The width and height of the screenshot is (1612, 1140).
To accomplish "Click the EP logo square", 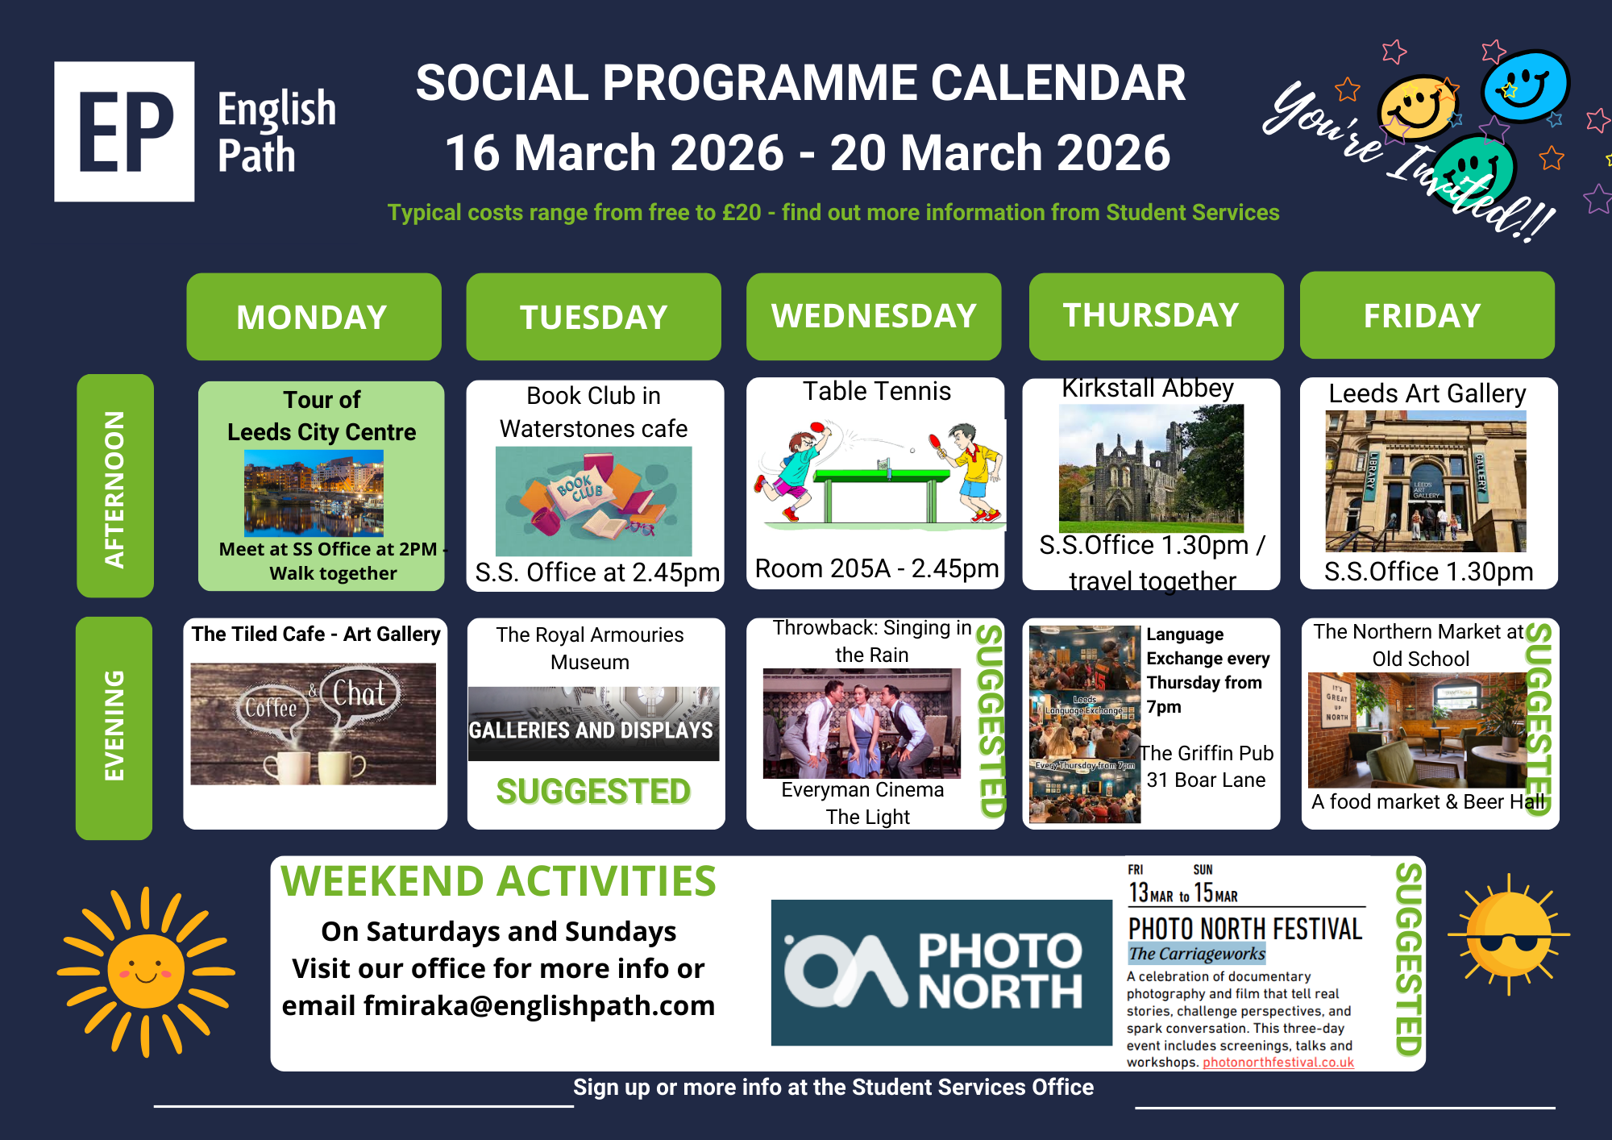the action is click(124, 131).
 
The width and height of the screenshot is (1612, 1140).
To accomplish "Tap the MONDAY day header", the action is click(314, 317).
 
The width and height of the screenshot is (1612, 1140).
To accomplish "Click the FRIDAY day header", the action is click(1427, 315).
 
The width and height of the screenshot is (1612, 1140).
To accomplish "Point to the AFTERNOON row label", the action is click(115, 485).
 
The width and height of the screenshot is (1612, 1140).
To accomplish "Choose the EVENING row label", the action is click(114, 728).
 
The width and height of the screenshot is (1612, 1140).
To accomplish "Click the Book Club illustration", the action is click(593, 501).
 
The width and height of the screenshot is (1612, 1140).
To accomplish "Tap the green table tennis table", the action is click(882, 492).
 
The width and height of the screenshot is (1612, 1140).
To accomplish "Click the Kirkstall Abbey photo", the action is click(1151, 468).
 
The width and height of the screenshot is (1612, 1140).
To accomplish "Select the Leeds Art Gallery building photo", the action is click(1426, 481).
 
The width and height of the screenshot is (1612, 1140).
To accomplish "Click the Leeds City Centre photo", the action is click(314, 493).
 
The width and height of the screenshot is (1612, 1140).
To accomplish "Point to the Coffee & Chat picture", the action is click(314, 724).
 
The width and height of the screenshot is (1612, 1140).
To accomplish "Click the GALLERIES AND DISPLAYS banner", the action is click(593, 724).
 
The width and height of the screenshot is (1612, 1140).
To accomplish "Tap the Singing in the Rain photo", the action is click(862, 723).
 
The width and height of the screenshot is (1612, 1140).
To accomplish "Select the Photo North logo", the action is click(941, 972).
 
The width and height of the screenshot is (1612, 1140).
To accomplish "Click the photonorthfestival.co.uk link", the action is click(1278, 1062).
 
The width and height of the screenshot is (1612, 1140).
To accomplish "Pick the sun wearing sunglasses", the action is click(1509, 934).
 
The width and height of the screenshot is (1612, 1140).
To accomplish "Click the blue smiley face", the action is click(1525, 86).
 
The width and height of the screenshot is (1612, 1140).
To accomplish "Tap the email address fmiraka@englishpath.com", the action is click(539, 1005).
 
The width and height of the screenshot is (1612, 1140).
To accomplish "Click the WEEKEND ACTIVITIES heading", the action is click(498, 880).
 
